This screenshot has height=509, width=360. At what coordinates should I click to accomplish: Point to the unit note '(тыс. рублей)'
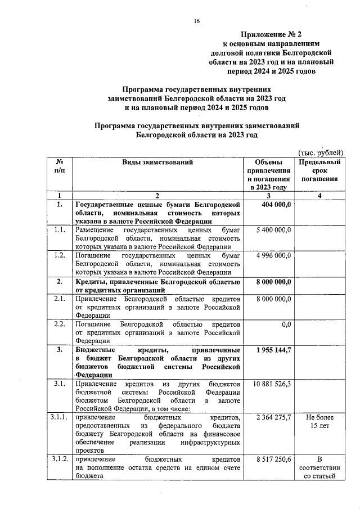pyautogui.click(x=319, y=152)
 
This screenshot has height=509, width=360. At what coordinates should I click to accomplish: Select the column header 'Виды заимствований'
pyautogui.click(x=157, y=162)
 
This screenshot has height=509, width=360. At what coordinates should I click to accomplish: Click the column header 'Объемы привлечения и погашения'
pyautogui.click(x=268, y=175)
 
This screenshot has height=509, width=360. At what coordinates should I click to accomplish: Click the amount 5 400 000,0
pyautogui.click(x=273, y=231)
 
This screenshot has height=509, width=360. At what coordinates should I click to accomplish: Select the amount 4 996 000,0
pyautogui.click(x=273, y=256)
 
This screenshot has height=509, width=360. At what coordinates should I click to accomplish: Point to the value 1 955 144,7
pyautogui.click(x=273, y=350)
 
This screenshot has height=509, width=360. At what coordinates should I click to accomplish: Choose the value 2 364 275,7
pyautogui.click(x=273, y=418)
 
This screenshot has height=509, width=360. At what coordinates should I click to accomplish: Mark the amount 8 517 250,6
pyautogui.click(x=273, y=460)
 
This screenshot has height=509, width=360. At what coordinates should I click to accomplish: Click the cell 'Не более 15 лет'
pyautogui.click(x=319, y=422)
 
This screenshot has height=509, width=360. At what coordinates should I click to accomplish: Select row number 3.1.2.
pyautogui.click(x=58, y=460)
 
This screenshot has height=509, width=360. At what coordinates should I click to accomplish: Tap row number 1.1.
pyautogui.click(x=58, y=231)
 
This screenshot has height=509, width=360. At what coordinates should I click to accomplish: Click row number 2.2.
pyautogui.click(x=58, y=325)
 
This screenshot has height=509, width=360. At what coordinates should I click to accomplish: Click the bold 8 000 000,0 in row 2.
pyautogui.click(x=273, y=282)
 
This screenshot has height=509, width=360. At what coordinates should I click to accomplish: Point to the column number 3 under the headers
pyautogui.click(x=268, y=195)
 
